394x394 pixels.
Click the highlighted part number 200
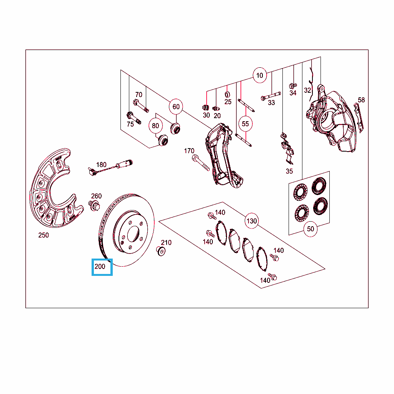(100, 266)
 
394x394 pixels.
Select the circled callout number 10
(260, 75)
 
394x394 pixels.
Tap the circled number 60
(176, 107)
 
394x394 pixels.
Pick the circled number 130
(252, 221)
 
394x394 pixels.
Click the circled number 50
(311, 229)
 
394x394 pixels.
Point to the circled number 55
(245, 124)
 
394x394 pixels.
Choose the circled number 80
(155, 126)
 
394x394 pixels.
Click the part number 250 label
(43, 235)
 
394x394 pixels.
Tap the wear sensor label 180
(101, 165)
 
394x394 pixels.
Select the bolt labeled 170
(200, 163)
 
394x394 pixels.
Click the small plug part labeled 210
(160, 251)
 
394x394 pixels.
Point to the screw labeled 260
(94, 205)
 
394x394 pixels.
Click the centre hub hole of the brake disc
(134, 234)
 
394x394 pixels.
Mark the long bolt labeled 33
(270, 96)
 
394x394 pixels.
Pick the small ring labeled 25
(227, 95)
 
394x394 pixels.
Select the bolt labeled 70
(141, 106)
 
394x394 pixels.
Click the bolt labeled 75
(134, 118)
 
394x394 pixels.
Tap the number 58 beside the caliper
(361, 100)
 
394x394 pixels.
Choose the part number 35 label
(289, 171)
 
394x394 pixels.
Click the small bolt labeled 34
(293, 86)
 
